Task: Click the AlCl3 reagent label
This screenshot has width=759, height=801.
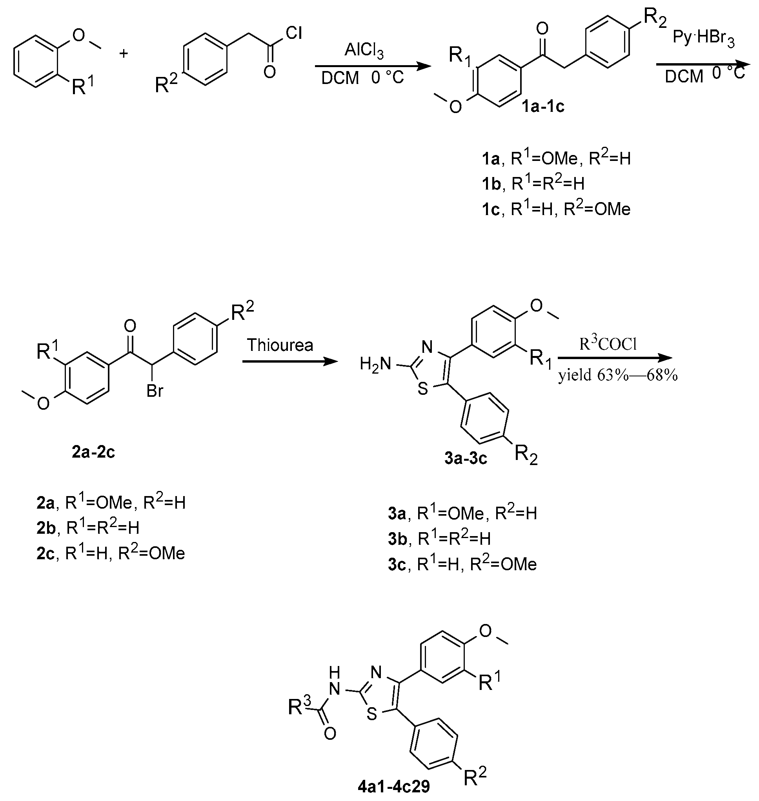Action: (364, 51)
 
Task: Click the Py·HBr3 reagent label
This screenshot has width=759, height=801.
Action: (704, 38)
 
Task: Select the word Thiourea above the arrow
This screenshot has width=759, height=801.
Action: (280, 345)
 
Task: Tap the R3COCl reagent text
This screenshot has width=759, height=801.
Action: (608, 344)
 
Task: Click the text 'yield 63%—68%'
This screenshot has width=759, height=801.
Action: (618, 376)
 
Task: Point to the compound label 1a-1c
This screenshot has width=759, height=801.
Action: (543, 106)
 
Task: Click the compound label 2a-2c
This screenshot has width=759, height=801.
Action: (93, 452)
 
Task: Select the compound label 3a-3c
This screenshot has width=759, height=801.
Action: (465, 458)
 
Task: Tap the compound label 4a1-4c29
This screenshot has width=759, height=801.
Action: (394, 787)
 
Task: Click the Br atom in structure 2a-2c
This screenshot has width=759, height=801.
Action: (155, 391)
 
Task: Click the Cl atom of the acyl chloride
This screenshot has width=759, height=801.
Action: (294, 33)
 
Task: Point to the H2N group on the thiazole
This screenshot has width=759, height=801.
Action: (375, 364)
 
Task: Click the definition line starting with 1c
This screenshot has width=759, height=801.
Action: (556, 210)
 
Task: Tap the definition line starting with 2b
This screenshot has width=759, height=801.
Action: (88, 528)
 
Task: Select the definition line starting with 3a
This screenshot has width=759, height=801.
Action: (462, 514)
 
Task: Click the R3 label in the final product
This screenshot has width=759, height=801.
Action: (299, 707)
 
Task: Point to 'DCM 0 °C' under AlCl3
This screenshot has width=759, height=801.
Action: (362, 78)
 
